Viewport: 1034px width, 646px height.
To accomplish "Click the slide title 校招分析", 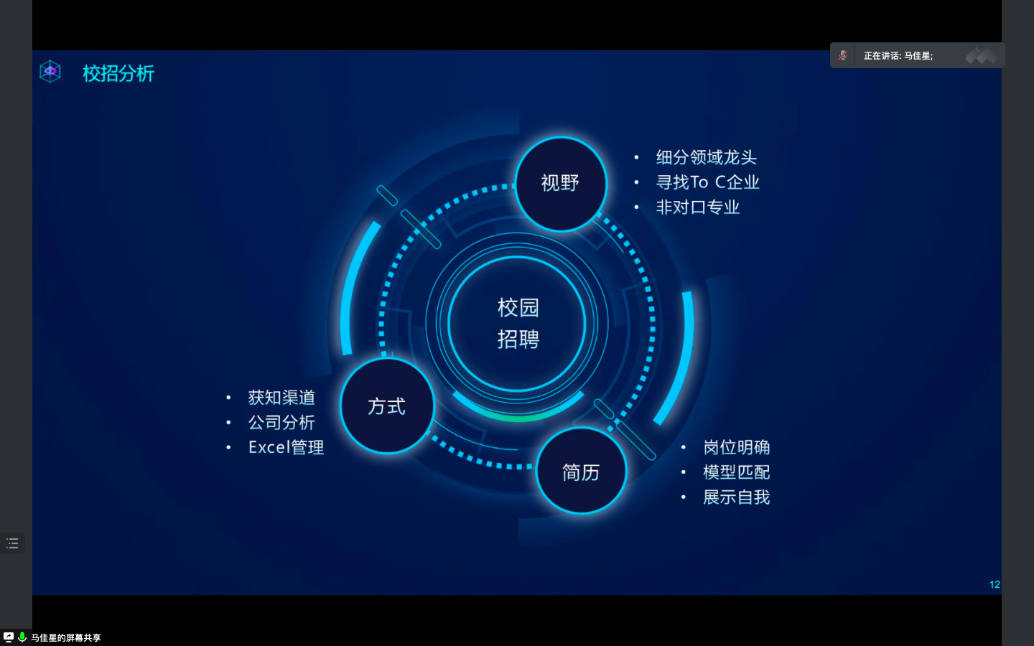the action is coord(118,73).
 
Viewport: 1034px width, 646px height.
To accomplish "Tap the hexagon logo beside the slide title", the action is coord(50,72).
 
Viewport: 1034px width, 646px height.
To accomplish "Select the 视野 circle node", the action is coord(560,183).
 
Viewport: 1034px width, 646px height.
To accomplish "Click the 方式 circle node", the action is coord(387,406).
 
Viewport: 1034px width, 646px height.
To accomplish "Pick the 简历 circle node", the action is coord(581,472).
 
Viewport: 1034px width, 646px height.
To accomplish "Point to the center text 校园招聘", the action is coord(518,323).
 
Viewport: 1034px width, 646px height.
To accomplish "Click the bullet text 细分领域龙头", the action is coord(707,157).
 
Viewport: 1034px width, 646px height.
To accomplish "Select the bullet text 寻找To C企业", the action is coord(707,182).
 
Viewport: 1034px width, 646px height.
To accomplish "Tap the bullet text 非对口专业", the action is coord(697,207).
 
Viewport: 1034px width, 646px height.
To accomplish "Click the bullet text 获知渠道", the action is coord(281,398).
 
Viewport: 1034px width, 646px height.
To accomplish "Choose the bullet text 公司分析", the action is coord(281,422).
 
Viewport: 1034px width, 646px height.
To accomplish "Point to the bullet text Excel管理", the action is coord(287,447).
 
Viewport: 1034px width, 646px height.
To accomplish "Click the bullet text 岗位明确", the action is coord(736,447).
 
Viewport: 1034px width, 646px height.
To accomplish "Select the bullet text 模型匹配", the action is coord(736,472).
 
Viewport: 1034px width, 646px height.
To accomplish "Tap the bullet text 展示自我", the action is coord(736,497).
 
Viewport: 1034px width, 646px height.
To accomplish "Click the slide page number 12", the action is coord(995,584).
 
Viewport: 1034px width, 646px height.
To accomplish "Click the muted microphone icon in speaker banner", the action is coord(843,55).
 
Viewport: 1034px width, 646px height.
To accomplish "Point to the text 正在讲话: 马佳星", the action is coord(898,56).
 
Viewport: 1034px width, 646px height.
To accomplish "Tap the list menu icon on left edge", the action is coord(12,543).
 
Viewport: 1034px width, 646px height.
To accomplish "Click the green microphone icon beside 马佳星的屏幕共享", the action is coord(22,637).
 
